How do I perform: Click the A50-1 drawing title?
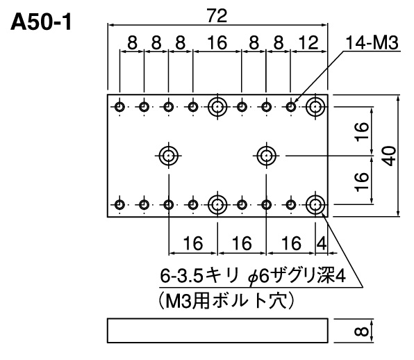tap(41, 22)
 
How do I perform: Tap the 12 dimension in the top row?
tap(309, 42)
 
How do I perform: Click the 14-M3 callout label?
tap(372, 43)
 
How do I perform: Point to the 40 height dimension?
tap(390, 156)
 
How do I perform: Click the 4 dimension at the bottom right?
tap(322, 243)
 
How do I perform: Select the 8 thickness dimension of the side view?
tap(361, 332)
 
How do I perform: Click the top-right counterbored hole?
tap(315, 107)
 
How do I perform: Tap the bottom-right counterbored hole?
tap(315, 205)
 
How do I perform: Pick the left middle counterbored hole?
tap(169, 156)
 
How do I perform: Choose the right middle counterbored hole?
tap(267, 156)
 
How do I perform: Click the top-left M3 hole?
tap(119, 107)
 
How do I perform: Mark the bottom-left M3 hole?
tap(119, 205)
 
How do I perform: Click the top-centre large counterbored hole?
tap(217, 107)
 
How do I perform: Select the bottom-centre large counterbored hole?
tap(217, 205)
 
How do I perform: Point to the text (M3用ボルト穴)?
tap(227, 301)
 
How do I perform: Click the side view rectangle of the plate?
tap(217, 331)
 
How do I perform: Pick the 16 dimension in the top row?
tap(217, 42)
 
